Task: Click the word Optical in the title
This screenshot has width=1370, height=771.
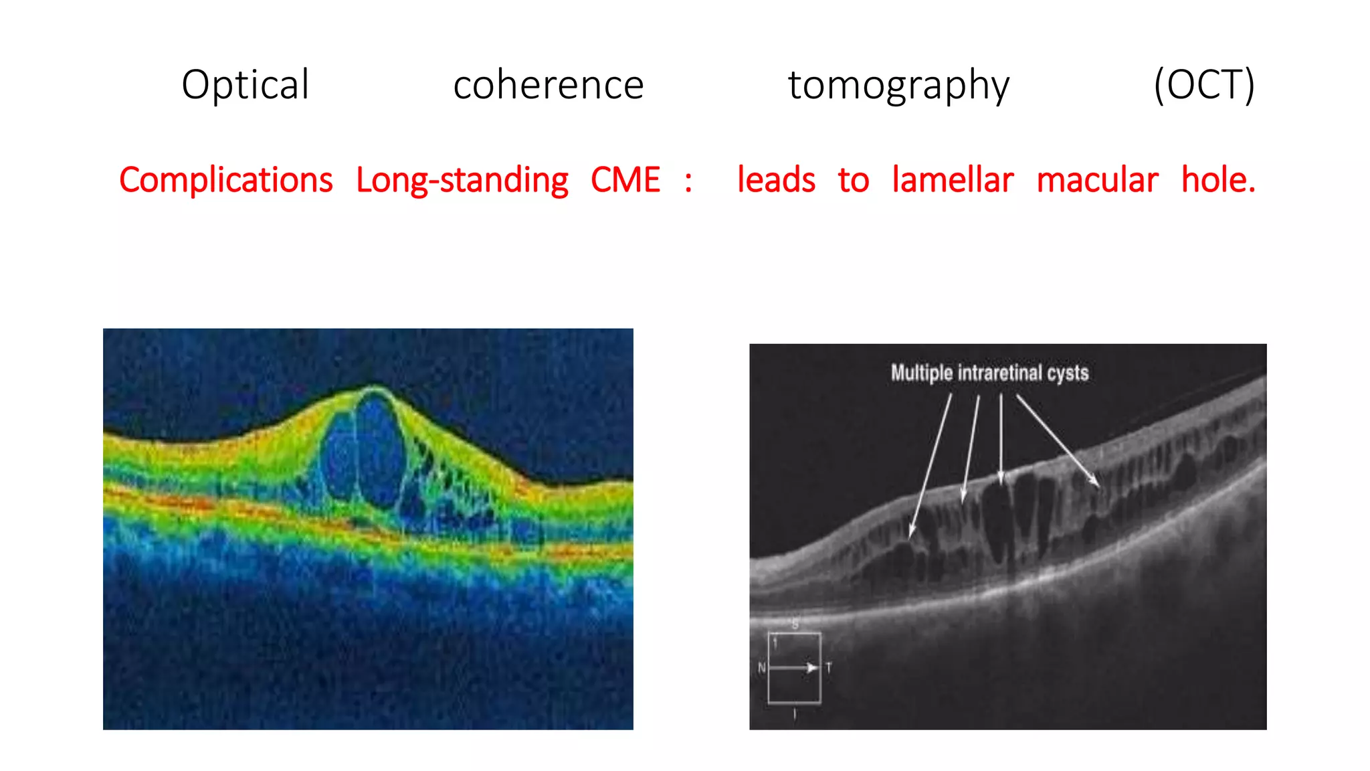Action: tap(246, 85)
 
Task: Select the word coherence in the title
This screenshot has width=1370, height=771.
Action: tap(548, 85)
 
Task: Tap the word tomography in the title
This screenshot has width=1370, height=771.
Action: tap(898, 85)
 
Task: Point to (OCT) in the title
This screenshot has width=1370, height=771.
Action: tap(1204, 85)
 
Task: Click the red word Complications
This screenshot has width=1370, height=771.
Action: tap(226, 180)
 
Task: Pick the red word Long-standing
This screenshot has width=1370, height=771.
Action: tap(462, 180)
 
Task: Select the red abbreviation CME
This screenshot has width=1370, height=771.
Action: tap(625, 180)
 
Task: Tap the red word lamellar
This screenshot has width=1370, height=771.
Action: tap(953, 180)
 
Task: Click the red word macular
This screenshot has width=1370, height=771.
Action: tap(1097, 180)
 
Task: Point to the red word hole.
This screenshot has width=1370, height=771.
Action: tap(1218, 180)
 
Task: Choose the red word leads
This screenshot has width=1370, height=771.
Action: tap(776, 180)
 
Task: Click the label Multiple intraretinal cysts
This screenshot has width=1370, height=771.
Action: tap(989, 373)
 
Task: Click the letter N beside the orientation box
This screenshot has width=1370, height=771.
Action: tap(761, 668)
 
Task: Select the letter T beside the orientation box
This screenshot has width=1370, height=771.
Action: tap(829, 668)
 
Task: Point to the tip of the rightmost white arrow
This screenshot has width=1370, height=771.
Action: tap(1098, 485)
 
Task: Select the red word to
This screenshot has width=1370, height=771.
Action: tap(853, 180)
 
